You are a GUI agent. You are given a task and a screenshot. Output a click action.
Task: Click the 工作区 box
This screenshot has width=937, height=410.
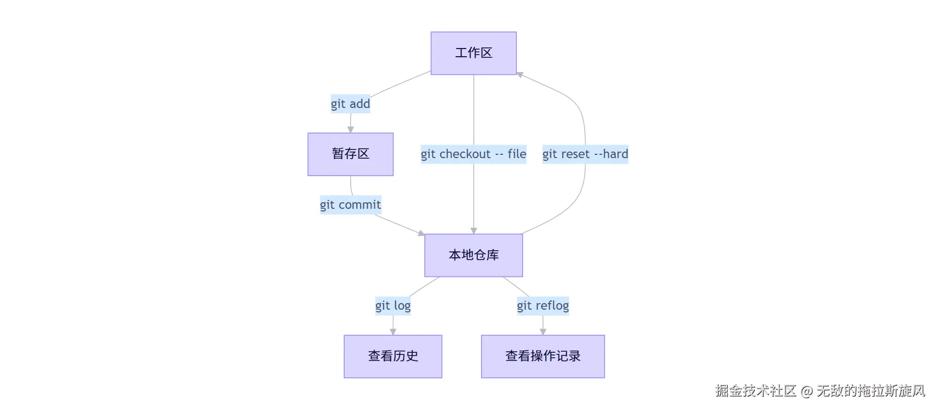tap(473, 53)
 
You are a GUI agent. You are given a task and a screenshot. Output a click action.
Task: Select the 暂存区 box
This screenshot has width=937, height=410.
tap(350, 154)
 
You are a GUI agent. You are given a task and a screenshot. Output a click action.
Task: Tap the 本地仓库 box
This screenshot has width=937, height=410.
tap(473, 255)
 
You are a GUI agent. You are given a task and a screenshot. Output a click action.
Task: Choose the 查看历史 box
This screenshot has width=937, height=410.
tap(393, 356)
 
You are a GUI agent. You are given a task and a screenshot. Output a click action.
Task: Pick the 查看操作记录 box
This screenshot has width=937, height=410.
tap(543, 356)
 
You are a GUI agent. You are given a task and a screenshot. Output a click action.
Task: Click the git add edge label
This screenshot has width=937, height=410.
tap(350, 104)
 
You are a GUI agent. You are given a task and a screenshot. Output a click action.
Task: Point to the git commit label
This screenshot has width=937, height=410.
tap(350, 205)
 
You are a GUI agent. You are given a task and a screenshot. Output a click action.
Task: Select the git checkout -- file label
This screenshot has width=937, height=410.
tap(473, 154)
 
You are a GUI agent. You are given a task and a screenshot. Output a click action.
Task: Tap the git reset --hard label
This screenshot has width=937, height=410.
tap(585, 154)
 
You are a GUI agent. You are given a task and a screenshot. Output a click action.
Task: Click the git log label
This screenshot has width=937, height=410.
tap(393, 306)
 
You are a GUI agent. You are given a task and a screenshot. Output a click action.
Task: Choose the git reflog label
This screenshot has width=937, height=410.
tap(543, 306)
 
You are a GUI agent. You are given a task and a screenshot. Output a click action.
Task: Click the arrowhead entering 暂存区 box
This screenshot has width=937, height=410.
tap(350, 130)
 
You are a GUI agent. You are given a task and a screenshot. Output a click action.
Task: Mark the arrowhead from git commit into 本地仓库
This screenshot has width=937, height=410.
tap(421, 233)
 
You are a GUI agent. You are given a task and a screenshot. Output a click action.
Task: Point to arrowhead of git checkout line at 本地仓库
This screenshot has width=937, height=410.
tap(473, 231)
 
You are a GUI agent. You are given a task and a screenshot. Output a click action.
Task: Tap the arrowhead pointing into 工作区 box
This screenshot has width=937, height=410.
tap(520, 74)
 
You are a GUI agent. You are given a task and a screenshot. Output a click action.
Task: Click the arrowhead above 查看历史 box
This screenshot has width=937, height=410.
tap(393, 332)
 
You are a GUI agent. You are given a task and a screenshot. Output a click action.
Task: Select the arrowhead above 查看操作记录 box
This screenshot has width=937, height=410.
tap(543, 332)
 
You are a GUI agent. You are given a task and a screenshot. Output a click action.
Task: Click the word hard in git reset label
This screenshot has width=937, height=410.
tap(616, 154)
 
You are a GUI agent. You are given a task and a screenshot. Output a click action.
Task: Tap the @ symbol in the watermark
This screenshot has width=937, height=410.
tap(807, 391)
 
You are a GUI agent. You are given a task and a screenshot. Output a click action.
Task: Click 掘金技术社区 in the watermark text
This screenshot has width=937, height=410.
tap(756, 391)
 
